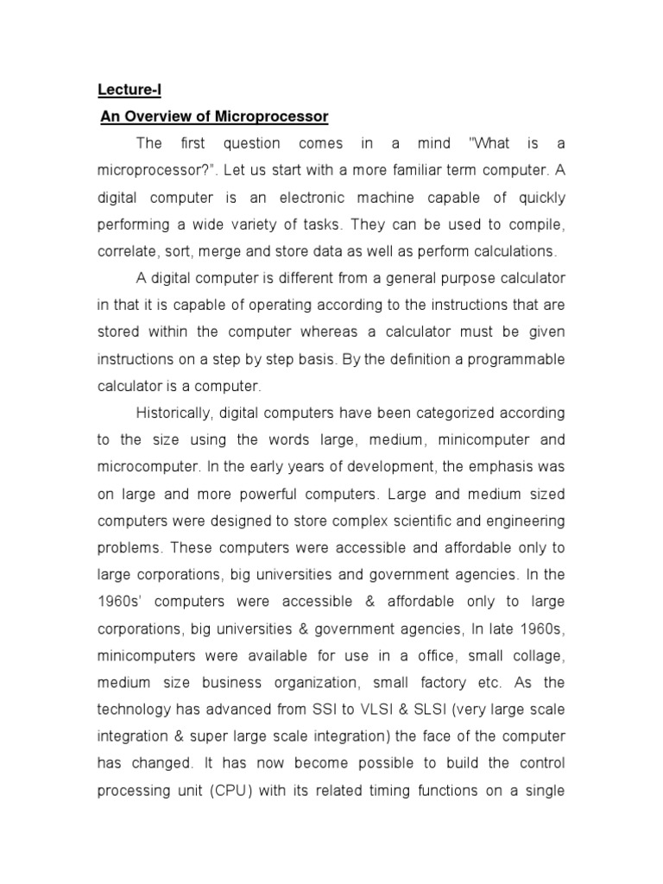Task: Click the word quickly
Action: [x=539, y=199]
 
